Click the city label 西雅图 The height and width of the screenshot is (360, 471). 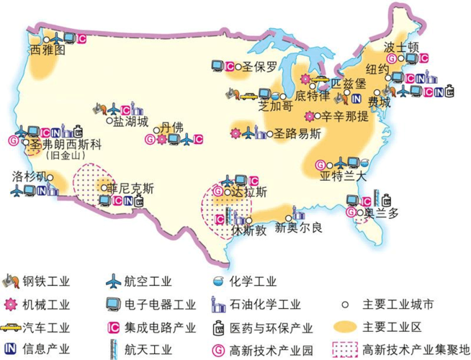(49, 51)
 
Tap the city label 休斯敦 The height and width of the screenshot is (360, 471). (249, 231)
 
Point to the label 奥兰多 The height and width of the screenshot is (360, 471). (380, 212)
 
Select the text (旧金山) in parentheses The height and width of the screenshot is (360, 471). (63, 154)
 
